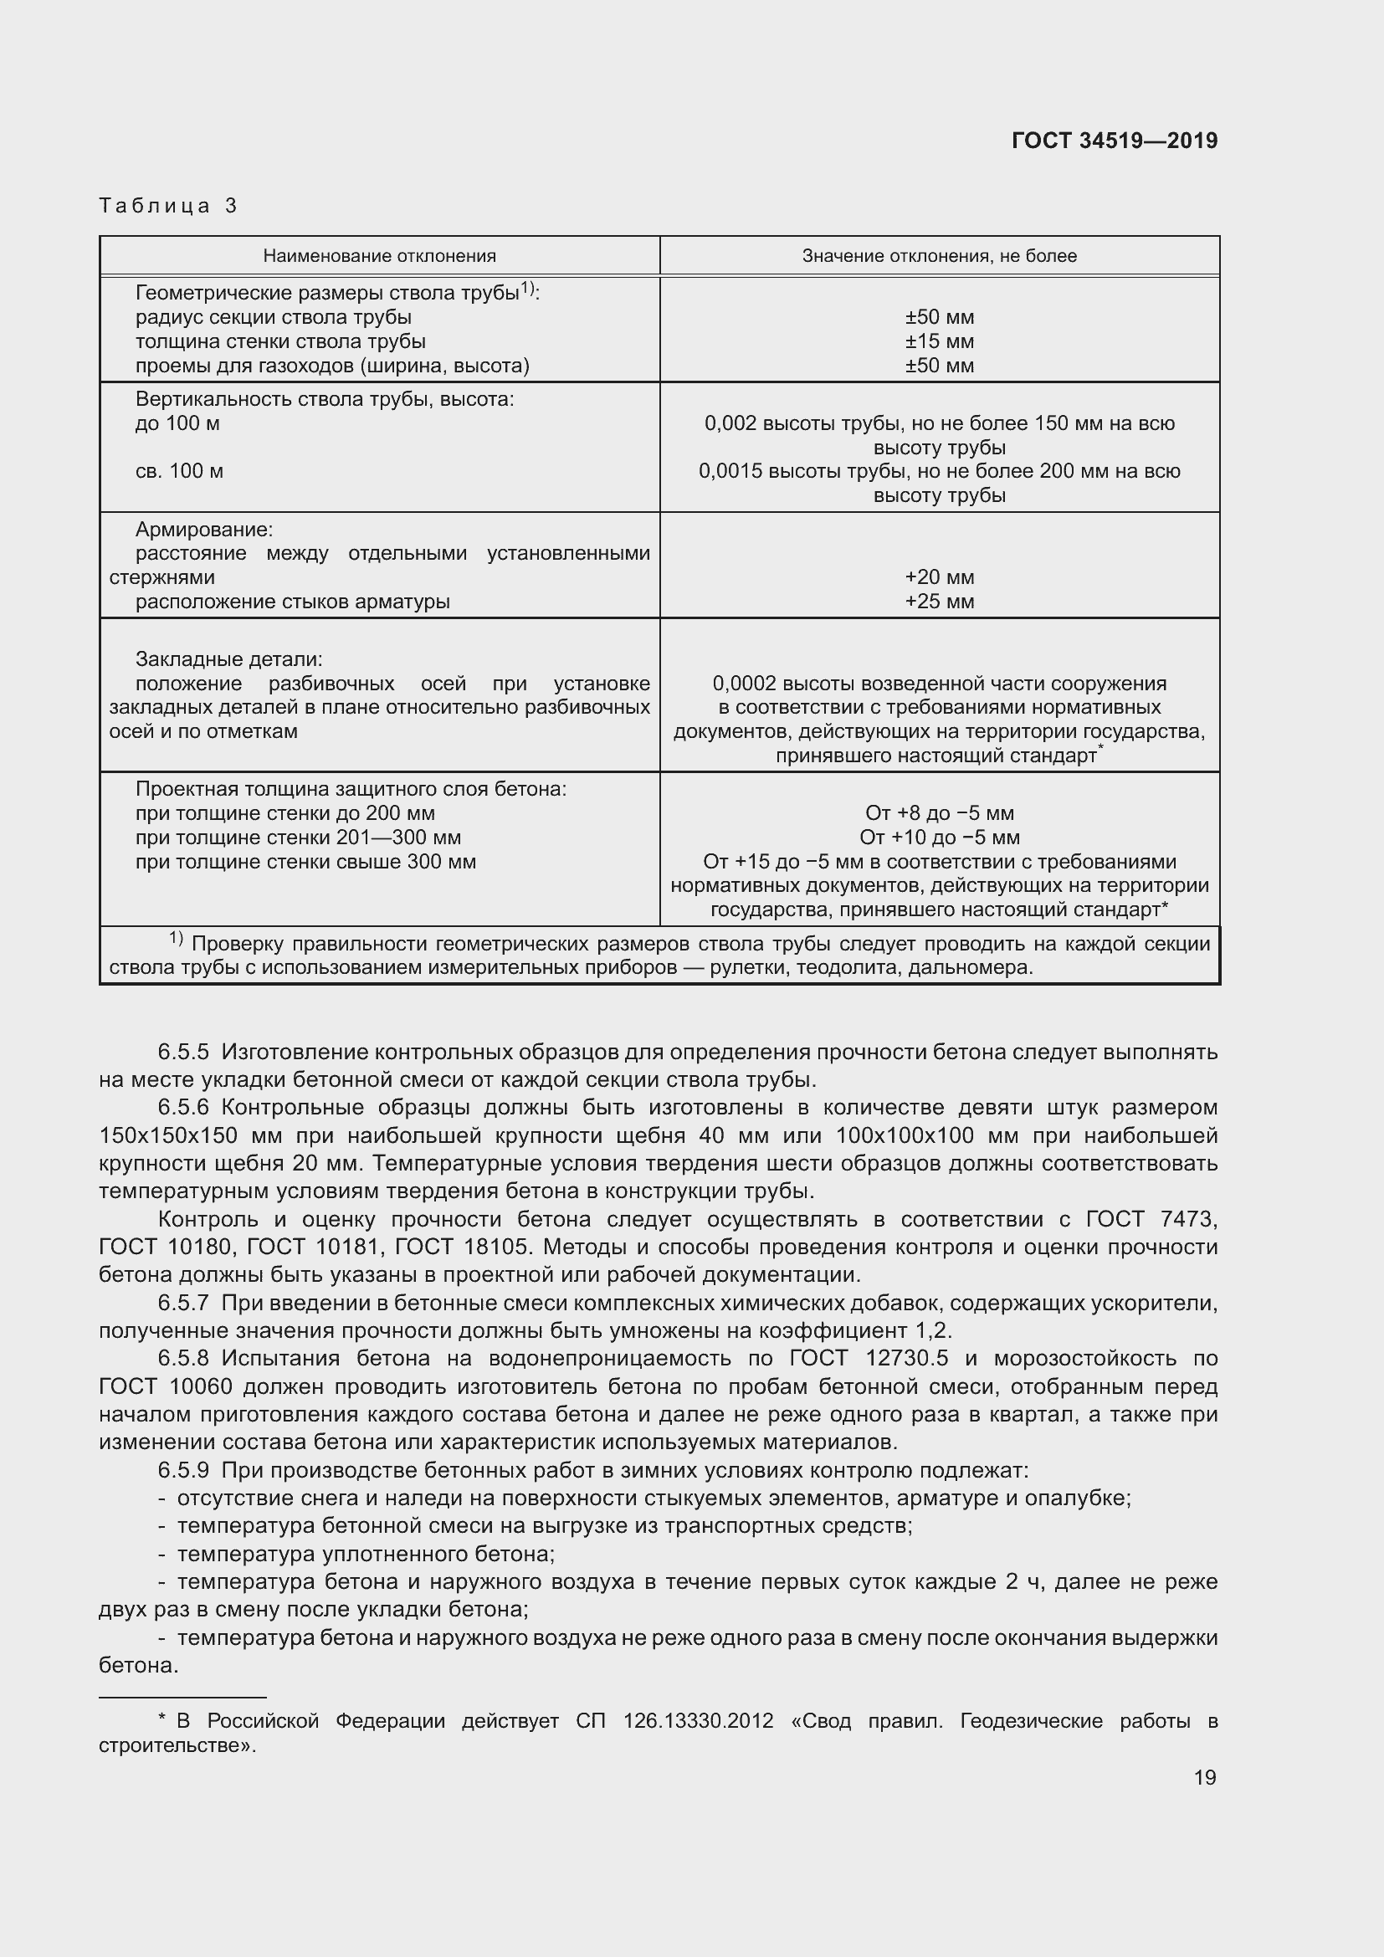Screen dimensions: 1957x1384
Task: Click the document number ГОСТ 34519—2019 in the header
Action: point(1114,141)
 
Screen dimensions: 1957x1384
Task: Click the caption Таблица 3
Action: point(168,206)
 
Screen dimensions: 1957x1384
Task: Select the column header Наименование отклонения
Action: point(379,256)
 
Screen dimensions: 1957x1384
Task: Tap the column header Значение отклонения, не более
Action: point(939,256)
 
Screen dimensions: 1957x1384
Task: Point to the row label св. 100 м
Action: point(179,471)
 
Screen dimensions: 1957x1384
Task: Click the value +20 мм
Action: point(939,577)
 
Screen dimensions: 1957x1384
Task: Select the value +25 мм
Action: point(939,602)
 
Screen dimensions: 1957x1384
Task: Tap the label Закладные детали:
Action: point(228,658)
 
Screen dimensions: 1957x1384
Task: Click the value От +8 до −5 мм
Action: point(939,813)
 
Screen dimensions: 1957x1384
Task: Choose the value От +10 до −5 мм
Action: point(939,837)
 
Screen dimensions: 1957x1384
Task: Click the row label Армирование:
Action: point(203,530)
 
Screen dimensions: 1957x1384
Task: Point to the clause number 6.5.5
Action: point(183,1052)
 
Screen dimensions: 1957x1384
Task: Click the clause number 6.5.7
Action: point(183,1303)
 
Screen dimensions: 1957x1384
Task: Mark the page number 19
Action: point(1204,1777)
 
